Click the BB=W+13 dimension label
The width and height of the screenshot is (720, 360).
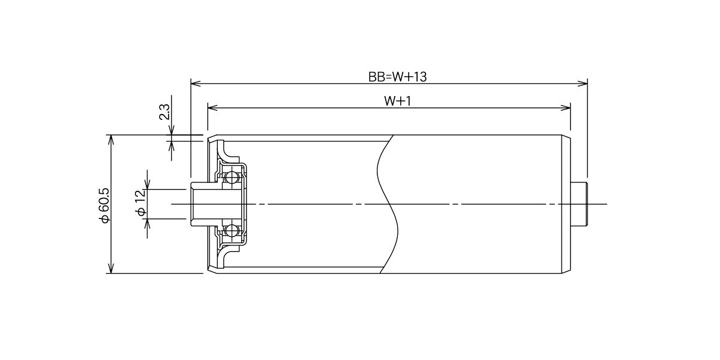(397, 77)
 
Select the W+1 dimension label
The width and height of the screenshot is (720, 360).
(398, 101)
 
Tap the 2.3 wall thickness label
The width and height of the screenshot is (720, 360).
(164, 112)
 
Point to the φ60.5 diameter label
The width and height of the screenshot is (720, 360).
(105, 205)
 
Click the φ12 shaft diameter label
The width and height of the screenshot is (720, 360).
(141, 203)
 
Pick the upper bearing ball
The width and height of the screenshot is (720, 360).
(231, 177)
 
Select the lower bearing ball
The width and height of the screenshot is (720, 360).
(231, 230)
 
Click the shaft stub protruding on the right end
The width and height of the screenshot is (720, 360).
(579, 204)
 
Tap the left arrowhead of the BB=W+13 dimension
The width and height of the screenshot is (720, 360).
(196, 83)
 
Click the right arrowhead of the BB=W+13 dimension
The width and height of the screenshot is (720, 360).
(583, 83)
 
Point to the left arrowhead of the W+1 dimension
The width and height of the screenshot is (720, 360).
(213, 107)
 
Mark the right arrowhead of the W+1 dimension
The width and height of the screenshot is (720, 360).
(565, 107)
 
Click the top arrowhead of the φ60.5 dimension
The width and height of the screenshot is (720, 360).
(111, 140)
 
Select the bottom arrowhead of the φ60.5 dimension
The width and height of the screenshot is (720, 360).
(111, 268)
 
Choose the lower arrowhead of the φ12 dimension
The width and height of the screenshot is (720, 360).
(147, 224)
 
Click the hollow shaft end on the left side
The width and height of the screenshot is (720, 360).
(200, 204)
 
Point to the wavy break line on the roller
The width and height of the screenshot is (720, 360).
(388, 204)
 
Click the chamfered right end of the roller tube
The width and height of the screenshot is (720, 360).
(566, 204)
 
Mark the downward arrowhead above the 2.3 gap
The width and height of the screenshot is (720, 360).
(172, 130)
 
